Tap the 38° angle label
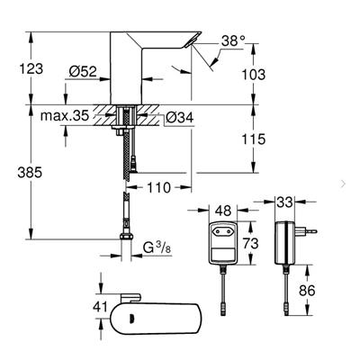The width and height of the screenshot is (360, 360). pyautogui.click(x=232, y=40)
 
